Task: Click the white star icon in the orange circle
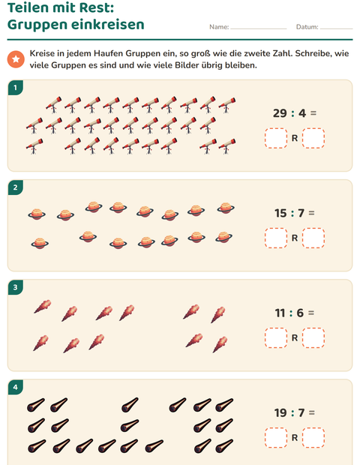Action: [x=16, y=59]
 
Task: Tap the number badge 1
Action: [x=16, y=88]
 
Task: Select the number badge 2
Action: [x=16, y=187]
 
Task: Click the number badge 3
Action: [x=16, y=287]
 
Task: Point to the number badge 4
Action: [x=16, y=387]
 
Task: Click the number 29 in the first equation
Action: [x=280, y=113]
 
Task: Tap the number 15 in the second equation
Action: [x=280, y=213]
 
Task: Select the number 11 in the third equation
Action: [x=280, y=313]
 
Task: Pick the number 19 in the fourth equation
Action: [x=280, y=412]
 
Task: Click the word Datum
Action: [x=307, y=27]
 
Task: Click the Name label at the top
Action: [x=219, y=27]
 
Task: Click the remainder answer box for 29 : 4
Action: [x=313, y=138]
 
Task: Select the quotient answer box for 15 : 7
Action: [x=276, y=238]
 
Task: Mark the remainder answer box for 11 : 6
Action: [x=313, y=337]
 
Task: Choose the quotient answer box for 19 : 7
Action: [x=276, y=438]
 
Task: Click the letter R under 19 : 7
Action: [x=295, y=438]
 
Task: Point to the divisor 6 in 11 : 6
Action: [x=300, y=313]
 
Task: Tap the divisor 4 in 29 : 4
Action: [x=302, y=113]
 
